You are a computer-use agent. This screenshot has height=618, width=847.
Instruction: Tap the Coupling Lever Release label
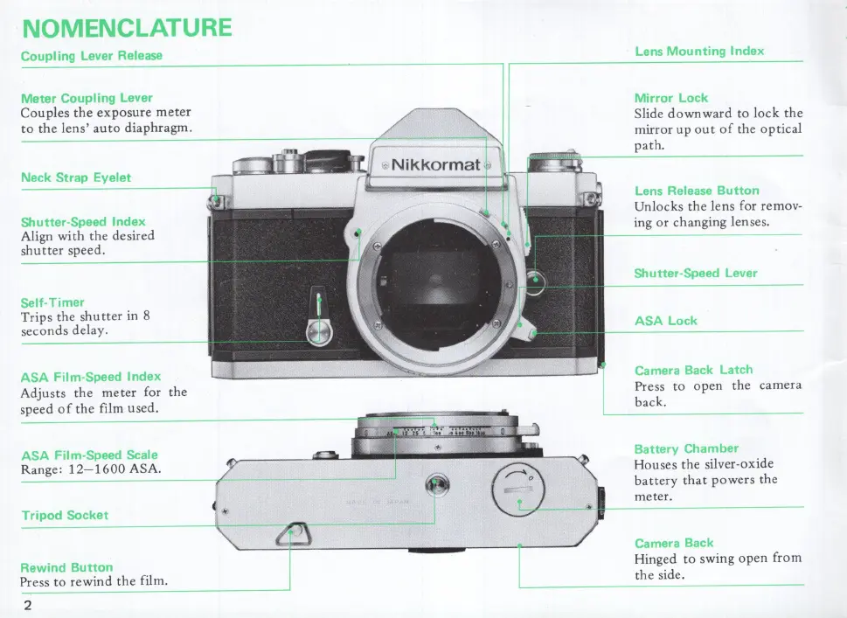point(91,55)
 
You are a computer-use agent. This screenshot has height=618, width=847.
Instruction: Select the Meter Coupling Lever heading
point(86,98)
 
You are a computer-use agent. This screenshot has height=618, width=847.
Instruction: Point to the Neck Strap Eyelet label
point(75,177)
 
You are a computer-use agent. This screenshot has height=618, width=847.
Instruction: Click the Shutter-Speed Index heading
point(82,221)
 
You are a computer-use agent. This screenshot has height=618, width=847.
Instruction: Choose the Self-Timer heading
point(52,302)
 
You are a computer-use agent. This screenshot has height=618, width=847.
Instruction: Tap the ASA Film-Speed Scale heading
point(89,455)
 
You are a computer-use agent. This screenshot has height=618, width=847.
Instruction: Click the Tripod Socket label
point(65,515)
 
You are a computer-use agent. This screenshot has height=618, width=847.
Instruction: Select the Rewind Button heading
point(66,566)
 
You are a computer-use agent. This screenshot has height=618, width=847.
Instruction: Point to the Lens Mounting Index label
point(698,51)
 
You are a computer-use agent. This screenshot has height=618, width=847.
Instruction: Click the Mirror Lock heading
point(670,98)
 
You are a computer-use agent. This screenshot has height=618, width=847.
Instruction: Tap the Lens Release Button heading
point(696,191)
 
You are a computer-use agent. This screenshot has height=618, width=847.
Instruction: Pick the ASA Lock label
point(665,321)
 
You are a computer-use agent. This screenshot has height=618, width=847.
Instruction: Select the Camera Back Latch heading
point(692,370)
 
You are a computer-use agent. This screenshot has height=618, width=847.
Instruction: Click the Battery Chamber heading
point(685,448)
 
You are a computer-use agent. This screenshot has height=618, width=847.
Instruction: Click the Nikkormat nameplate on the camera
point(434,164)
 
